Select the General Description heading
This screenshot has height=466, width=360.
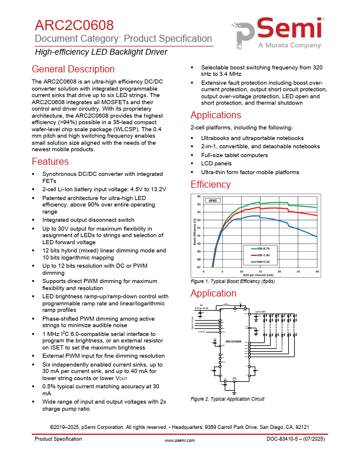[x=74, y=69]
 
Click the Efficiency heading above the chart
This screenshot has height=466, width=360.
[x=211, y=185]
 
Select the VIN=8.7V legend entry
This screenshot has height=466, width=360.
[x=265, y=248]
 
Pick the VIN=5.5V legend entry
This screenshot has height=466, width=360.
[x=265, y=261]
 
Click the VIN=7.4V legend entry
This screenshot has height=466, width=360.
[x=265, y=255]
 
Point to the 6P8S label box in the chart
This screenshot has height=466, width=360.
[x=213, y=201]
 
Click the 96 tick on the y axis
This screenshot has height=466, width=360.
[x=198, y=197]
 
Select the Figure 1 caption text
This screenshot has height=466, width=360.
[x=232, y=282]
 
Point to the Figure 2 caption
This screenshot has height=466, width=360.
[x=228, y=399]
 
